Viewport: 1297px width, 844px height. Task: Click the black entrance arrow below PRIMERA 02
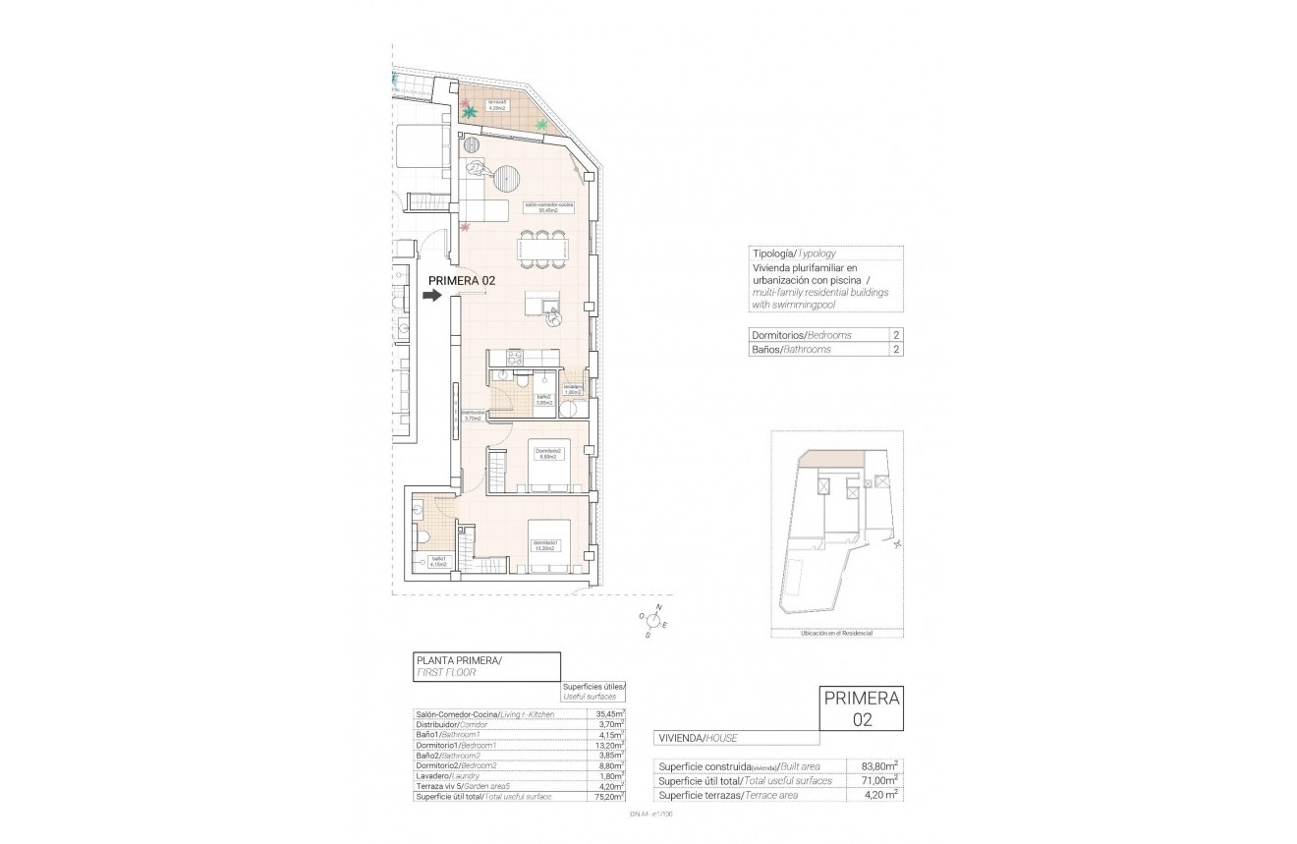click(433, 294)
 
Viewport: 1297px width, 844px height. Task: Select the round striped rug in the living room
click(507, 179)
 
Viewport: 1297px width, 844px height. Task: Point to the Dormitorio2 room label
click(546, 453)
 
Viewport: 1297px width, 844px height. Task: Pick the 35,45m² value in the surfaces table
click(609, 714)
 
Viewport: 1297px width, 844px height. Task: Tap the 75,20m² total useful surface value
click(609, 798)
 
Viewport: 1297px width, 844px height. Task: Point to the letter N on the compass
click(658, 606)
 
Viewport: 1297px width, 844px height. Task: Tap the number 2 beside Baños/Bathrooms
click(895, 350)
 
